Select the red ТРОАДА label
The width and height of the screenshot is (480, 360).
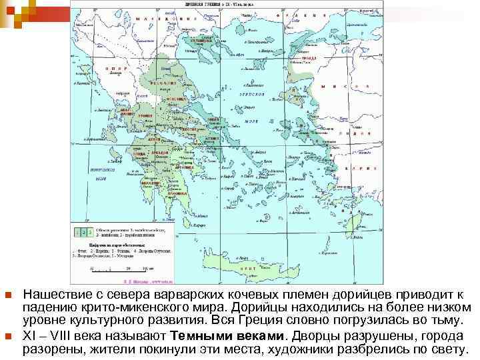point(309,57)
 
